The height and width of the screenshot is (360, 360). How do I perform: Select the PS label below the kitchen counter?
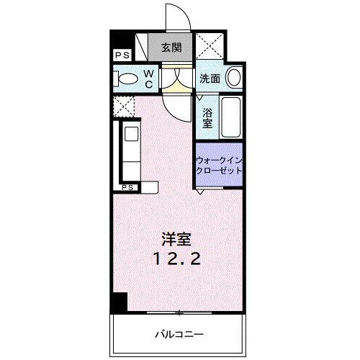point(128,188)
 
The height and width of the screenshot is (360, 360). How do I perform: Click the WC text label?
point(148,78)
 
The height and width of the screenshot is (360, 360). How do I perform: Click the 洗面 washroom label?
point(210,79)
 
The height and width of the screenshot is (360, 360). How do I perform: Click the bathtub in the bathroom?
point(230,117)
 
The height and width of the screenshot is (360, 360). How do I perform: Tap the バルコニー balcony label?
point(179,334)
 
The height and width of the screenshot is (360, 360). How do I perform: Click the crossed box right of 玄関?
point(213,48)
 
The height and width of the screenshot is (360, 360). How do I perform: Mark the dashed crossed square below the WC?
point(122,106)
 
